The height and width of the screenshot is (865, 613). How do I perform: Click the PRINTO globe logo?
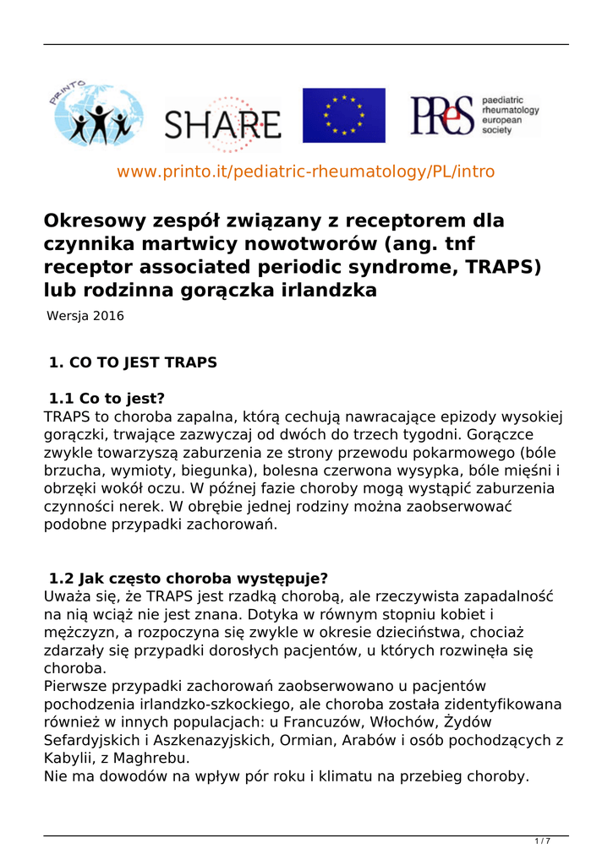95,115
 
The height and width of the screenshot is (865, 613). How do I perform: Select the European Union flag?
343,115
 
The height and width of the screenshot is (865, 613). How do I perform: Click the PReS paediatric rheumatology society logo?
474,115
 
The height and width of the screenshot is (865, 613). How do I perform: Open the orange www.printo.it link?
305,171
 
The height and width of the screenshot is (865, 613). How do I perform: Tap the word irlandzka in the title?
328,291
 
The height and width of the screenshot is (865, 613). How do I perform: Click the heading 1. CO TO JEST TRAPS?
133,363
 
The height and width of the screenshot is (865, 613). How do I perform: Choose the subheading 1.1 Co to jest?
107,398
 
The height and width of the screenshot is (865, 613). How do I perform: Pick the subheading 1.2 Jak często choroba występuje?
189,579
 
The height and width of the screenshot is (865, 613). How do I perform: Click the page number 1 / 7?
542,841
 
